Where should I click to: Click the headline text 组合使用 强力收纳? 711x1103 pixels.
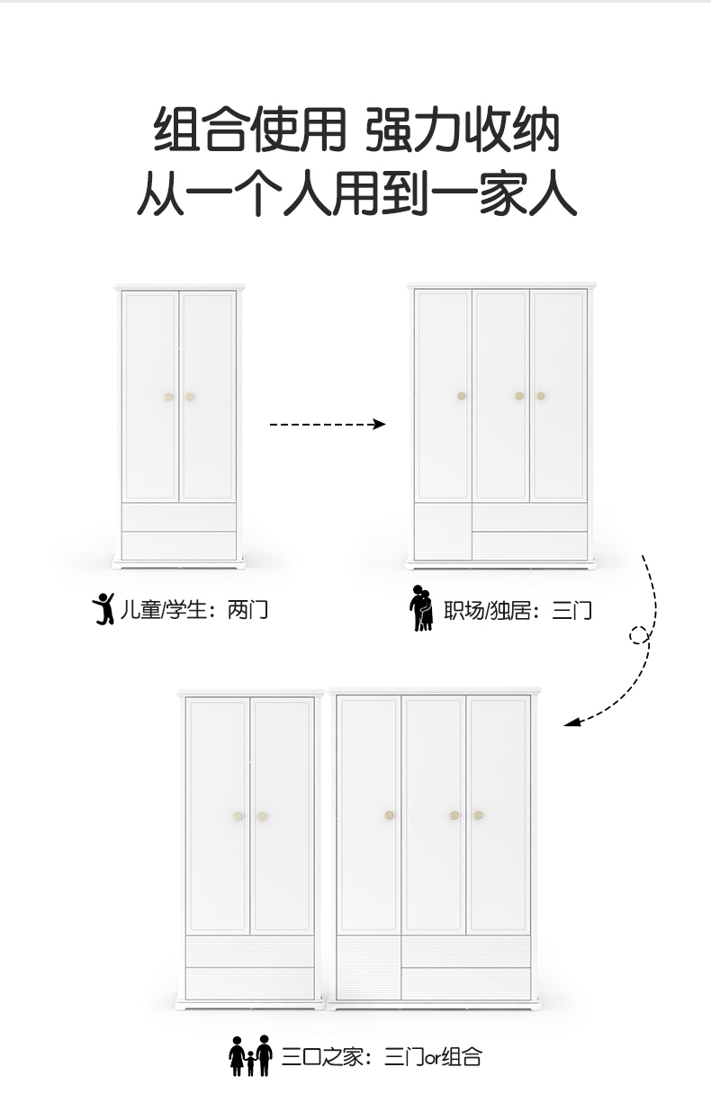(x=357, y=130)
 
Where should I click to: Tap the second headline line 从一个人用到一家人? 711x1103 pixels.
(x=357, y=193)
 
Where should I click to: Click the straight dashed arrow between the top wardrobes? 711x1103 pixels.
(x=327, y=424)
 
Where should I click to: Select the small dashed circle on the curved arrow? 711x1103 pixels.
(x=639, y=636)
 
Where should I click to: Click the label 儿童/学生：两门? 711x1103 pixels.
(x=194, y=610)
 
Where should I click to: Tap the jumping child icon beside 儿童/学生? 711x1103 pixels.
(x=104, y=610)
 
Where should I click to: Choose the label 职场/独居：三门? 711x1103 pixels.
(x=517, y=612)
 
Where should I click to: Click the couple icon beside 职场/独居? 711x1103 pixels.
(x=421, y=609)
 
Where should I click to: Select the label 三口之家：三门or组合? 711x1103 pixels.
(x=382, y=1056)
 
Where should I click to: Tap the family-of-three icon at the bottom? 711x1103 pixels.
(x=251, y=1055)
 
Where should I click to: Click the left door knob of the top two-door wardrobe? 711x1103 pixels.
(x=168, y=397)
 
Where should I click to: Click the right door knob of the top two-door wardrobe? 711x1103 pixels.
(x=190, y=397)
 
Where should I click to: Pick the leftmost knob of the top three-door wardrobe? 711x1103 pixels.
(x=461, y=396)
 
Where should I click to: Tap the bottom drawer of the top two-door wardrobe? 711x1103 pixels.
(x=179, y=545)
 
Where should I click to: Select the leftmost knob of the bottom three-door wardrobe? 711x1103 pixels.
(x=390, y=815)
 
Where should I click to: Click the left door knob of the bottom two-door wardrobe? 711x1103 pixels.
(x=239, y=816)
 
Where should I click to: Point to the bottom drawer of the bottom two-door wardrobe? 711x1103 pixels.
(x=250, y=982)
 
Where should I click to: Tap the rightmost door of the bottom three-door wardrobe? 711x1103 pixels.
(x=499, y=814)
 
